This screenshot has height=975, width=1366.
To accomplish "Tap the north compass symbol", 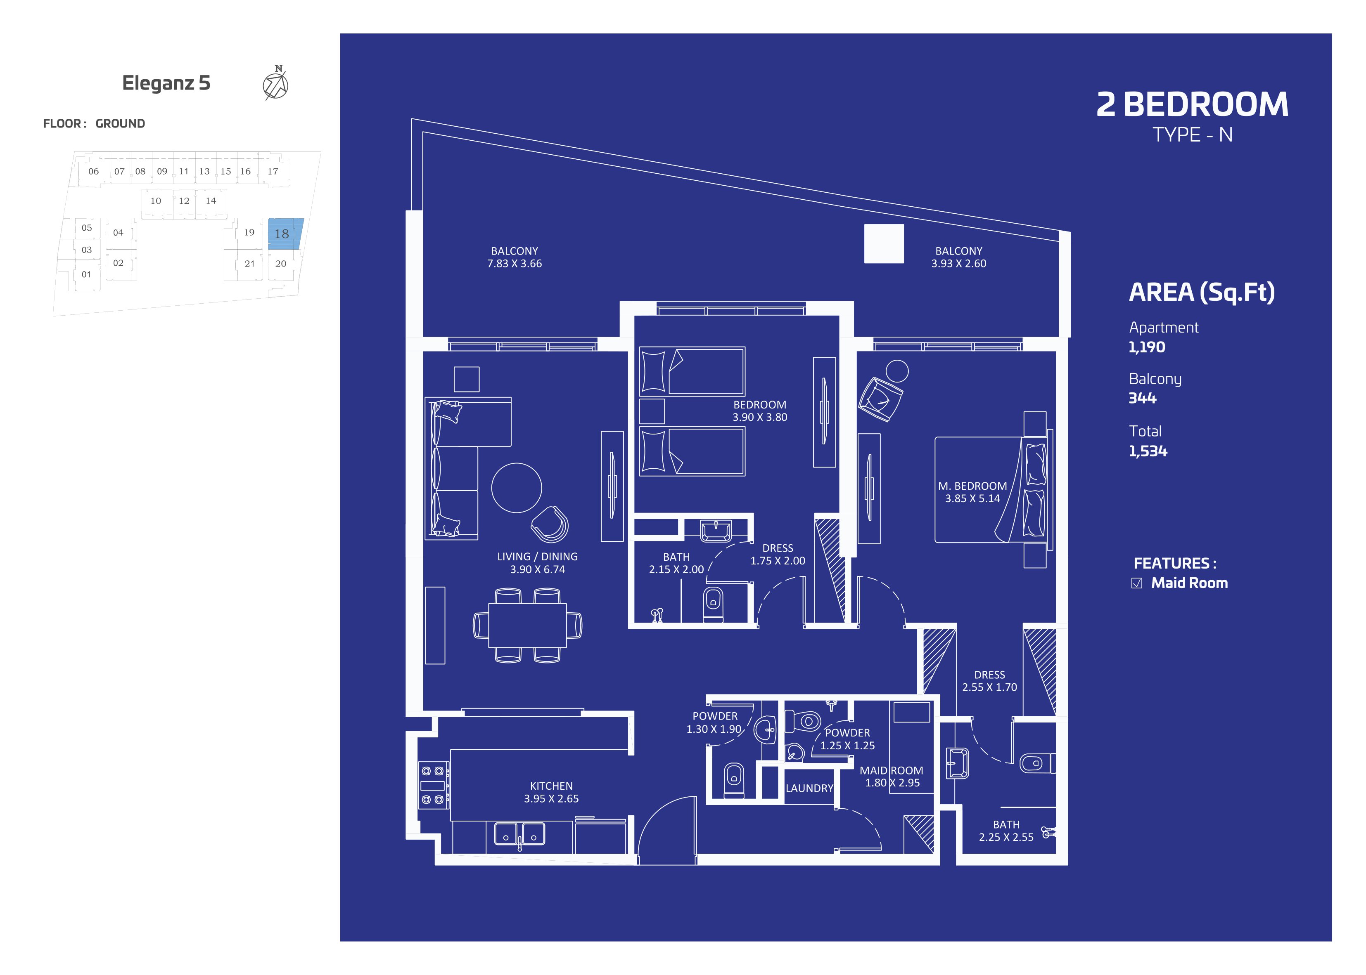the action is point(276,83).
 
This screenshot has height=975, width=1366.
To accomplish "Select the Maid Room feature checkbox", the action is point(1136,583).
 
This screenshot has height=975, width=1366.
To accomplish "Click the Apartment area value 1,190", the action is point(1146,347).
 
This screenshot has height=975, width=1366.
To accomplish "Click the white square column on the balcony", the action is point(884,243).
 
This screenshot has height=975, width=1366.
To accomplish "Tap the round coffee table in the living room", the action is point(516,488).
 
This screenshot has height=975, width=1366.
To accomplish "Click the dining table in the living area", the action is point(527,625).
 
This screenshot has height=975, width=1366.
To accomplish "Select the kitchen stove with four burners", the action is point(433,785).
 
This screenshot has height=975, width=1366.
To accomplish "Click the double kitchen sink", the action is point(519,833).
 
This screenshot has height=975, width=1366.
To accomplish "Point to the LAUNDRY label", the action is point(809,788).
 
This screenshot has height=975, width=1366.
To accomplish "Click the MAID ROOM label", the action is point(892,770).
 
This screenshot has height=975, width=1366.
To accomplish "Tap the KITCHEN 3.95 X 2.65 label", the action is point(551,792).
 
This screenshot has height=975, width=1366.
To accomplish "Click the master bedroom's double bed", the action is point(991,490).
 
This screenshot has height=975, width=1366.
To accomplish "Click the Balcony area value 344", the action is point(1142,398).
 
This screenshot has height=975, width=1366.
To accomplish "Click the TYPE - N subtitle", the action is point(1193,135).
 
